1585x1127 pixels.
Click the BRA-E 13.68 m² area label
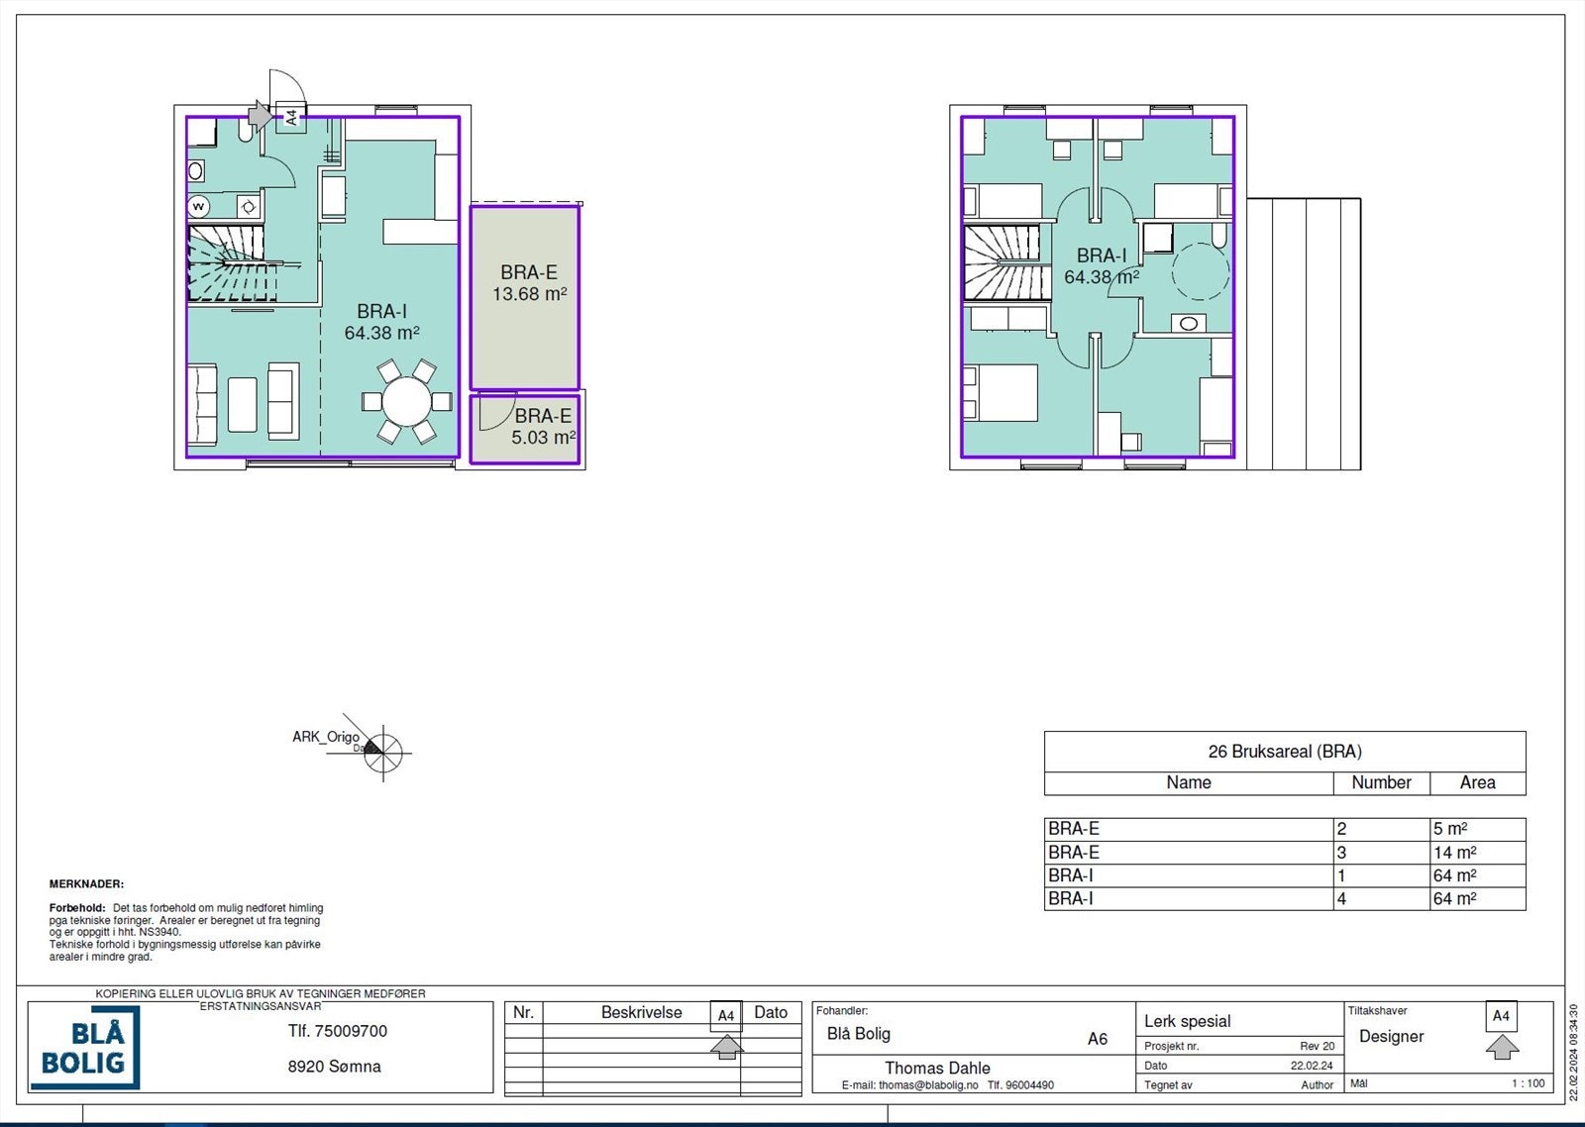click(529, 283)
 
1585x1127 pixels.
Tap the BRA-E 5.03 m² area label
click(544, 427)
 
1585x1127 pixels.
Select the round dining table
click(407, 401)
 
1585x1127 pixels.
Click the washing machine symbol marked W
click(198, 207)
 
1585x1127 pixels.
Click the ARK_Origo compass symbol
click(382, 753)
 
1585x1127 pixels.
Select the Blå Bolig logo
click(85, 1048)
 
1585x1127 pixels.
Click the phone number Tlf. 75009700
click(338, 1031)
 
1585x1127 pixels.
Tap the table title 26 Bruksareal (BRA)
click(1285, 752)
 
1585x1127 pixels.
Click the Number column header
click(1381, 782)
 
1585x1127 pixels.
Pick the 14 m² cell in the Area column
click(1455, 853)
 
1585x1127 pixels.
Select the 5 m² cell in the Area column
click(1450, 829)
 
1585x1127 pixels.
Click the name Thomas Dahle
click(937, 1068)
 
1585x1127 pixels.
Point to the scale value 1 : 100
click(1529, 1083)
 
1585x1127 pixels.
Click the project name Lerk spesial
click(1188, 1021)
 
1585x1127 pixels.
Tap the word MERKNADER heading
click(86, 883)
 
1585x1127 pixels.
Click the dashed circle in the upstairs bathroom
click(1201, 271)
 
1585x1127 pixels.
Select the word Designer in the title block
click(1391, 1037)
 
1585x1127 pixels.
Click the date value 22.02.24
click(1312, 1066)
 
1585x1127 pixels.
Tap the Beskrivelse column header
click(642, 1012)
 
